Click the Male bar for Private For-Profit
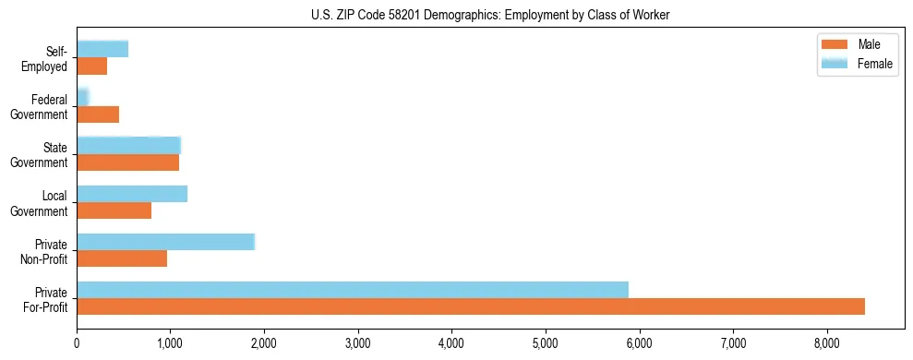[471, 306]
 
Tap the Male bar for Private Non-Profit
[122, 258]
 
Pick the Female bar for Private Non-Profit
[165, 242]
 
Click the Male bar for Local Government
[114, 210]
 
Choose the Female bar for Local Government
[132, 194]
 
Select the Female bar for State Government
[128, 145]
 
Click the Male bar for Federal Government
[98, 114]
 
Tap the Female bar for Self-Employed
[102, 49]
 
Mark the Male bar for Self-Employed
[92, 66]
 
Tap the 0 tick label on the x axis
[77, 343]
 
